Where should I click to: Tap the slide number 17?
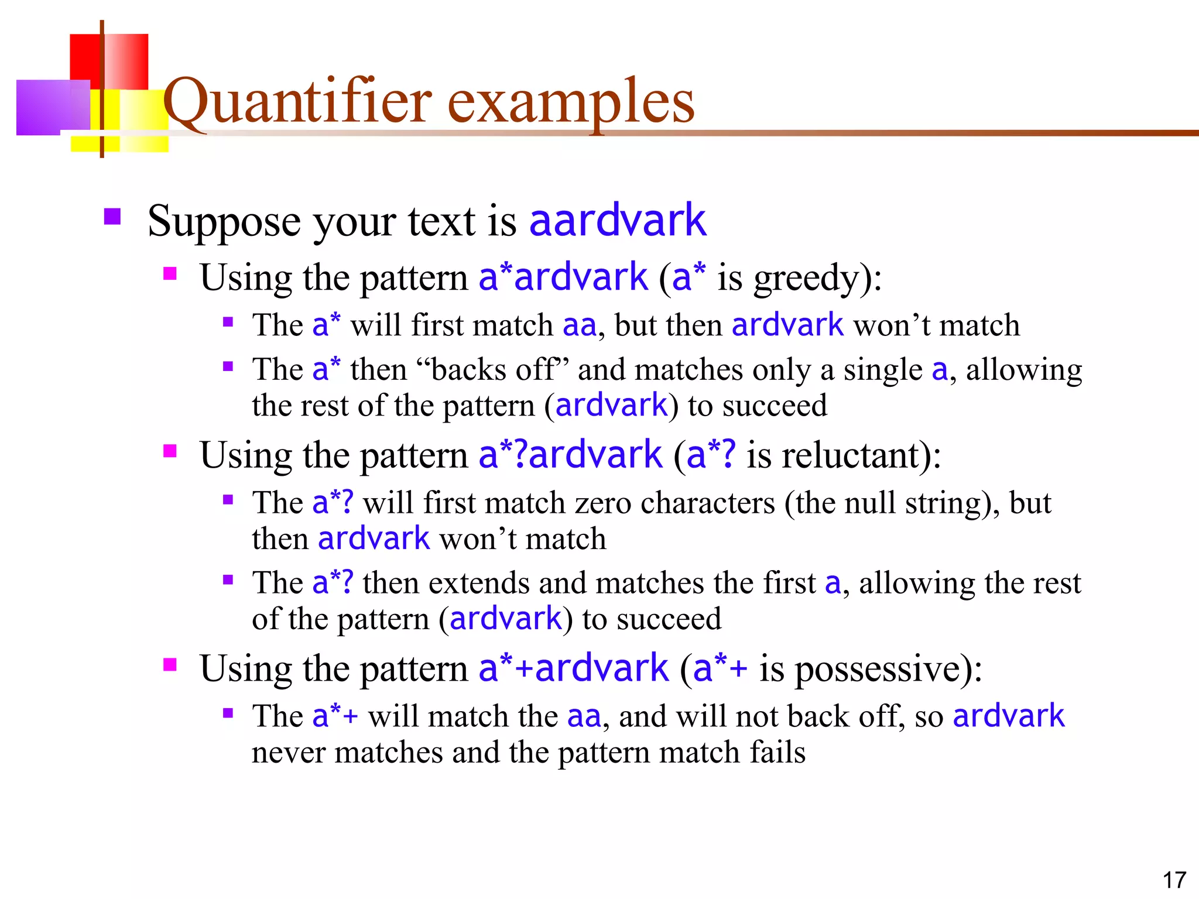click(x=1174, y=880)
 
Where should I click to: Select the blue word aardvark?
click(x=618, y=221)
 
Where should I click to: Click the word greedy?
click(x=805, y=279)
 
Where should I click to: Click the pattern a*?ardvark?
click(x=570, y=455)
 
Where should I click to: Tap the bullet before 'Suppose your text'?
click(x=112, y=217)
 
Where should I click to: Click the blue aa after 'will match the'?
click(x=584, y=717)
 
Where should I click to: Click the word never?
click(x=288, y=753)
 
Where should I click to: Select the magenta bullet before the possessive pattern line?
click(x=170, y=664)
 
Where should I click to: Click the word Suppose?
click(x=224, y=222)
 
